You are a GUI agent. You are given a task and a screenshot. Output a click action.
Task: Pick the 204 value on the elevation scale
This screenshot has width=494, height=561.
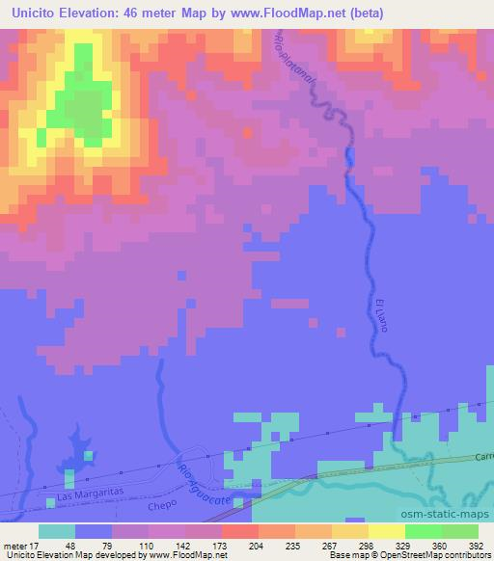pyautogui.click(x=237, y=544)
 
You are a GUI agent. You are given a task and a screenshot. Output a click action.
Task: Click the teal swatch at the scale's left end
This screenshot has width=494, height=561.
pyautogui.click(x=57, y=531)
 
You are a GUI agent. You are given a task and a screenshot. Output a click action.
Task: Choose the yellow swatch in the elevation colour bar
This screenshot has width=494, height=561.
pyautogui.click(x=387, y=531)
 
